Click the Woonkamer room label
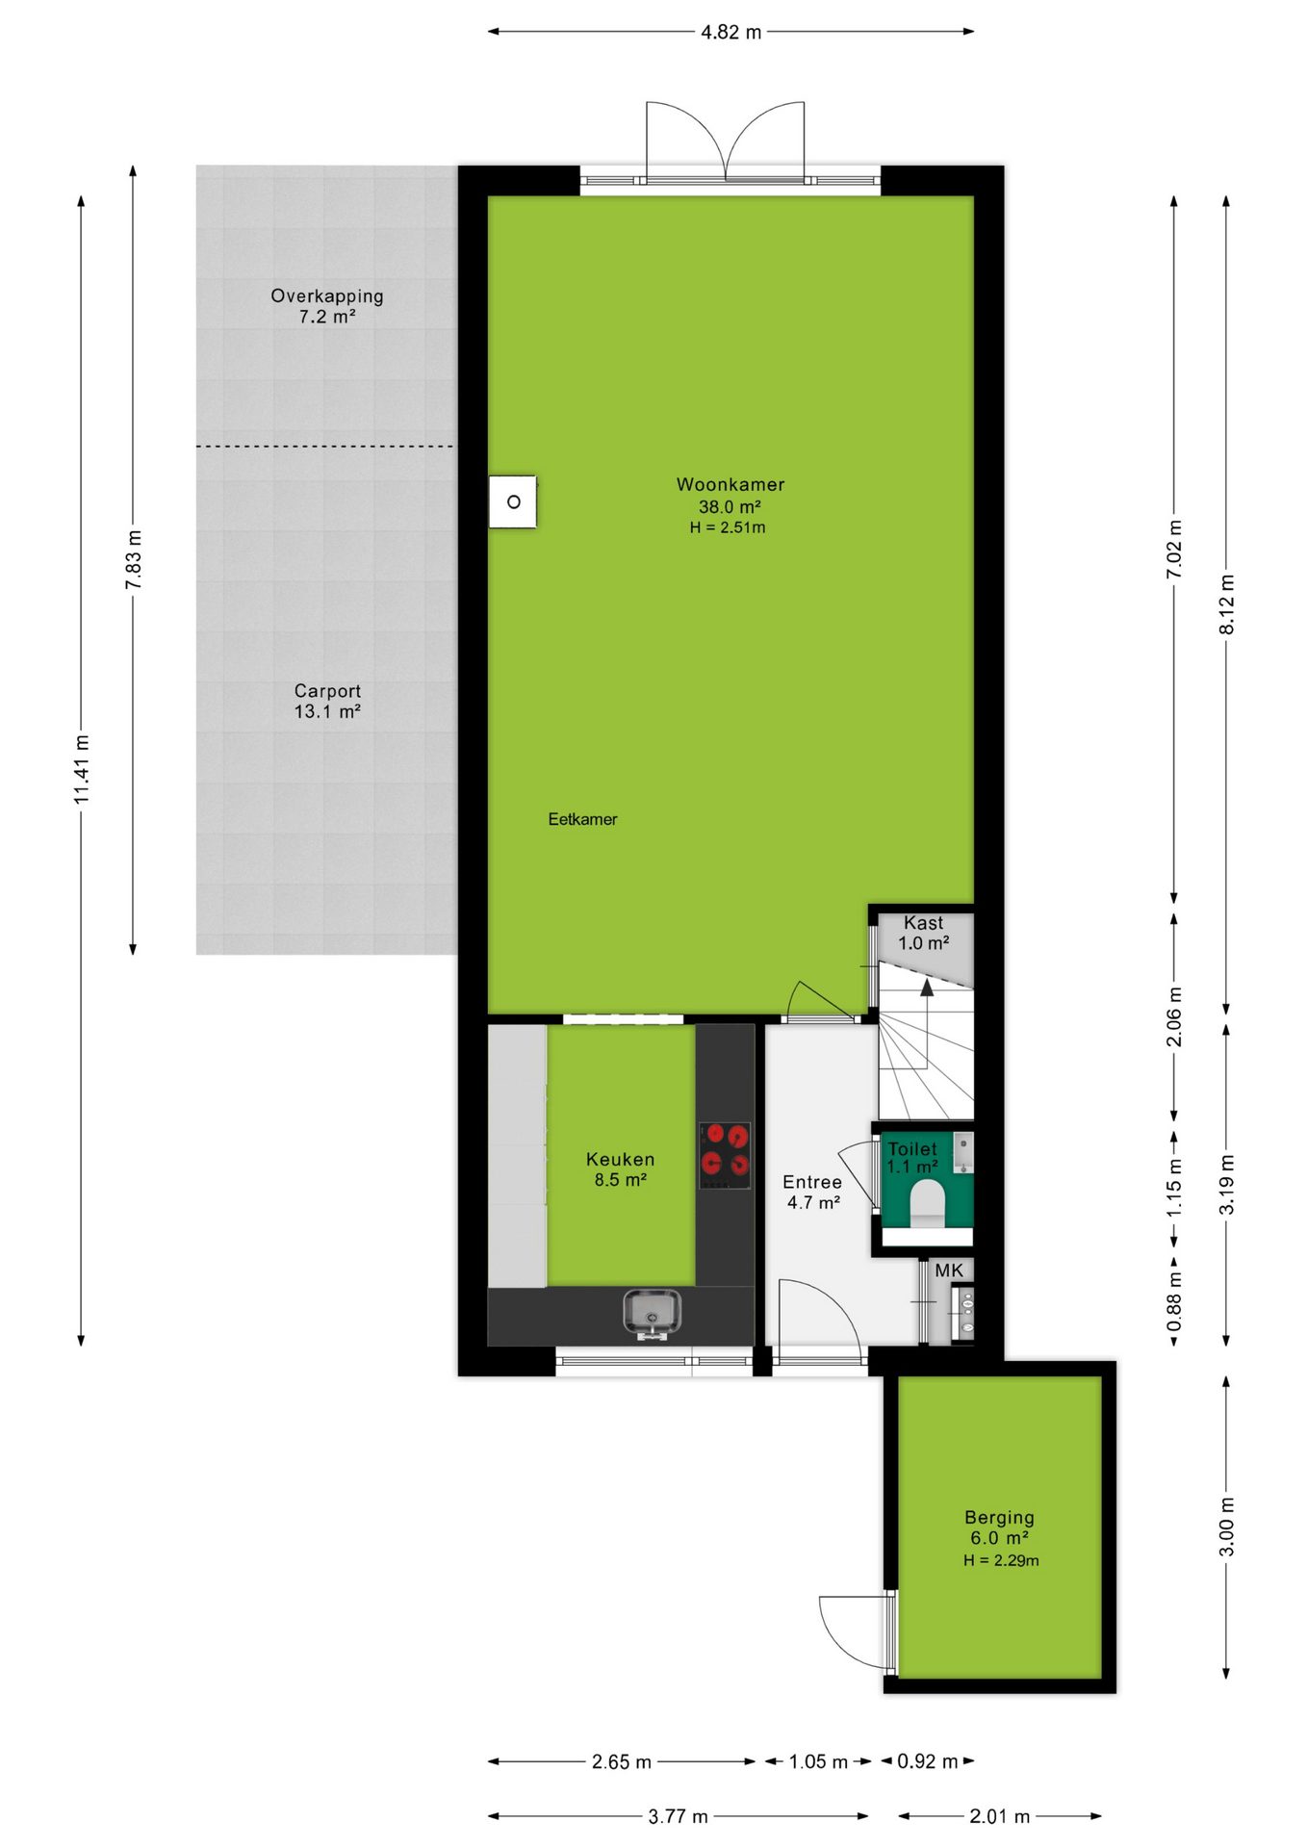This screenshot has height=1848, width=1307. [x=730, y=484]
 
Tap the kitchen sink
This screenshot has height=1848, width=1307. [x=652, y=1313]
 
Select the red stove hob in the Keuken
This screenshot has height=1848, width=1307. [x=725, y=1154]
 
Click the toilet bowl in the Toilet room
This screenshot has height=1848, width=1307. [x=928, y=1205]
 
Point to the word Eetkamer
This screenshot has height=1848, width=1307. [x=582, y=819]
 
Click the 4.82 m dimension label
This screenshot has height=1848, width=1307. [x=730, y=32]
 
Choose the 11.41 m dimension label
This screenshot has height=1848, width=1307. [x=82, y=769]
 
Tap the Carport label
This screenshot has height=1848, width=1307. [x=327, y=691]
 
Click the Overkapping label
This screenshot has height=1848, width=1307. [x=327, y=296]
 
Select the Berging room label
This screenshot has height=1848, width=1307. [x=999, y=1518]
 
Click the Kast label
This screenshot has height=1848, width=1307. [x=923, y=923]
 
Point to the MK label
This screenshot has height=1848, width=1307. [x=949, y=1270]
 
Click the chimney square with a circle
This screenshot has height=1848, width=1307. [x=513, y=501]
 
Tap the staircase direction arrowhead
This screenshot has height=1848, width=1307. [x=926, y=987]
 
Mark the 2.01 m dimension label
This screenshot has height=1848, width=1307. [x=999, y=1816]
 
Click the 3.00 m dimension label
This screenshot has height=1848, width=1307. [x=1227, y=1527]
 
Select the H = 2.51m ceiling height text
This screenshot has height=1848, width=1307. [x=728, y=527]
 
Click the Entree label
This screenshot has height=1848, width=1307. [x=812, y=1182]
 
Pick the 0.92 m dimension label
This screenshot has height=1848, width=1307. [x=928, y=1761]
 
